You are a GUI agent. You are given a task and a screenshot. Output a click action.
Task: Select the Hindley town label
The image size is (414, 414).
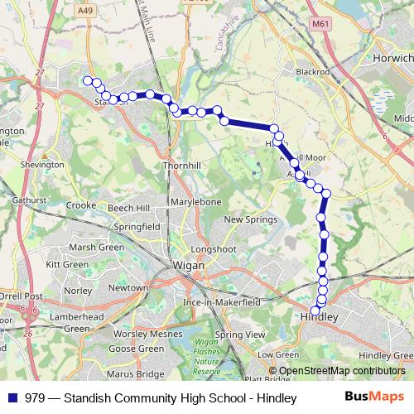pos(320,316)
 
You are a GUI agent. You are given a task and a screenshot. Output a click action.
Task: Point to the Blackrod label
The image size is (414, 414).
pos(312,72)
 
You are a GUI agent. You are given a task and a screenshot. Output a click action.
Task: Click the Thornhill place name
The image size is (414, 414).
pos(185,165)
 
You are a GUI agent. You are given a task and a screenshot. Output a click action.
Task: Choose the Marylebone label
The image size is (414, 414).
pos(195,202)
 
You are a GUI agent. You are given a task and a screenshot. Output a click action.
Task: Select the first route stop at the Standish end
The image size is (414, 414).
pos(86,80)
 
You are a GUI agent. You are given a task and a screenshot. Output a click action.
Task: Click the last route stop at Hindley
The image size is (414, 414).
pos(315,310)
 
